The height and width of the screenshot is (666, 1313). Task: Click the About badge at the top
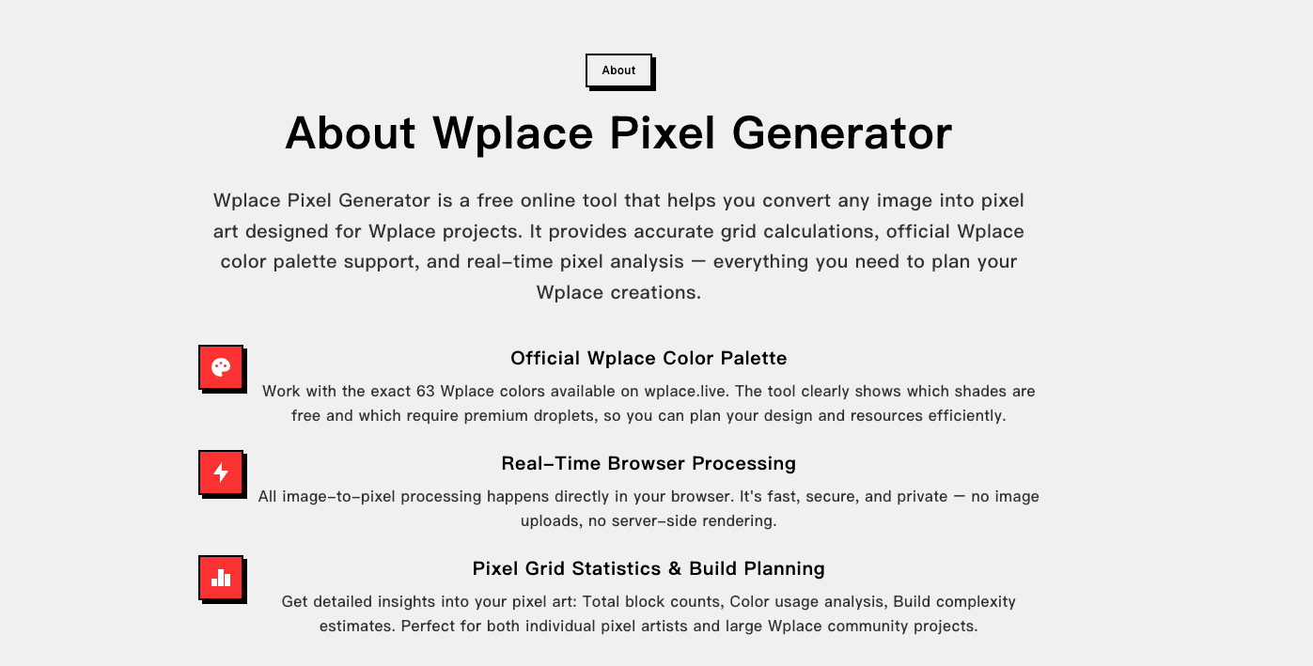(x=618, y=70)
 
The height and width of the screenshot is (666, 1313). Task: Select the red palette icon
(x=221, y=367)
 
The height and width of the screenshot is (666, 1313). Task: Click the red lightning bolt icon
(x=221, y=472)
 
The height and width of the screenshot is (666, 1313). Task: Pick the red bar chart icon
(x=221, y=578)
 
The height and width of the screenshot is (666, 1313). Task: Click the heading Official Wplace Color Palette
(x=649, y=358)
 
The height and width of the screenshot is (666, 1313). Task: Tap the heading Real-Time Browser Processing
(x=649, y=463)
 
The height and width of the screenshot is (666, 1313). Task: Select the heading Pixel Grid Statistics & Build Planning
(x=649, y=568)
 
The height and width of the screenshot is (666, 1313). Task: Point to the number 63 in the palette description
(x=425, y=391)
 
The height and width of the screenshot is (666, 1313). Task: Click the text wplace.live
(x=686, y=391)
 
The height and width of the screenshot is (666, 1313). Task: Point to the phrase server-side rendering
(x=698, y=520)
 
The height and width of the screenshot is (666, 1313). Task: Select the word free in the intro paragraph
(x=494, y=200)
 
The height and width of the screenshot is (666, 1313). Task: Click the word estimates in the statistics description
(x=357, y=626)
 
